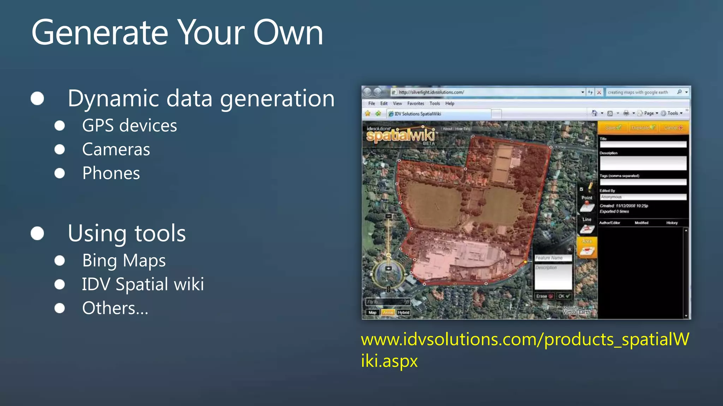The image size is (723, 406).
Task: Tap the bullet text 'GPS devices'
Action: tap(130, 125)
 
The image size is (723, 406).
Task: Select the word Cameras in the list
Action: tap(116, 149)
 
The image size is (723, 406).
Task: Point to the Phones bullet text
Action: tap(111, 173)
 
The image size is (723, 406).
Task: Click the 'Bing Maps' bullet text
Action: tap(124, 261)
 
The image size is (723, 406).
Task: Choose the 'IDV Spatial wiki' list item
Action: tap(143, 284)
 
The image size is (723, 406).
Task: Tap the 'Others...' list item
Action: tap(115, 308)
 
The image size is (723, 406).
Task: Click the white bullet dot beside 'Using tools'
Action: tap(37, 233)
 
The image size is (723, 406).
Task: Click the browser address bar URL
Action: tap(431, 92)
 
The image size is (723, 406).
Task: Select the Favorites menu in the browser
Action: tap(416, 104)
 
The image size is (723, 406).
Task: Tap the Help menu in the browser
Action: tap(450, 104)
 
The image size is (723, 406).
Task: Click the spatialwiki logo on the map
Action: tap(401, 135)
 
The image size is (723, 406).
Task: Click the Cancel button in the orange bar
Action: tap(673, 128)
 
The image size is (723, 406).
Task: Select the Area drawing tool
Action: tap(587, 248)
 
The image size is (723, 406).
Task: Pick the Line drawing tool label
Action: tap(587, 220)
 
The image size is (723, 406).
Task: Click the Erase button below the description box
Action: tap(544, 296)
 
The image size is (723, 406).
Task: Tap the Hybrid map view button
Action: tap(404, 313)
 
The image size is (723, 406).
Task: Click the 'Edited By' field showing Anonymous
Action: tap(643, 197)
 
